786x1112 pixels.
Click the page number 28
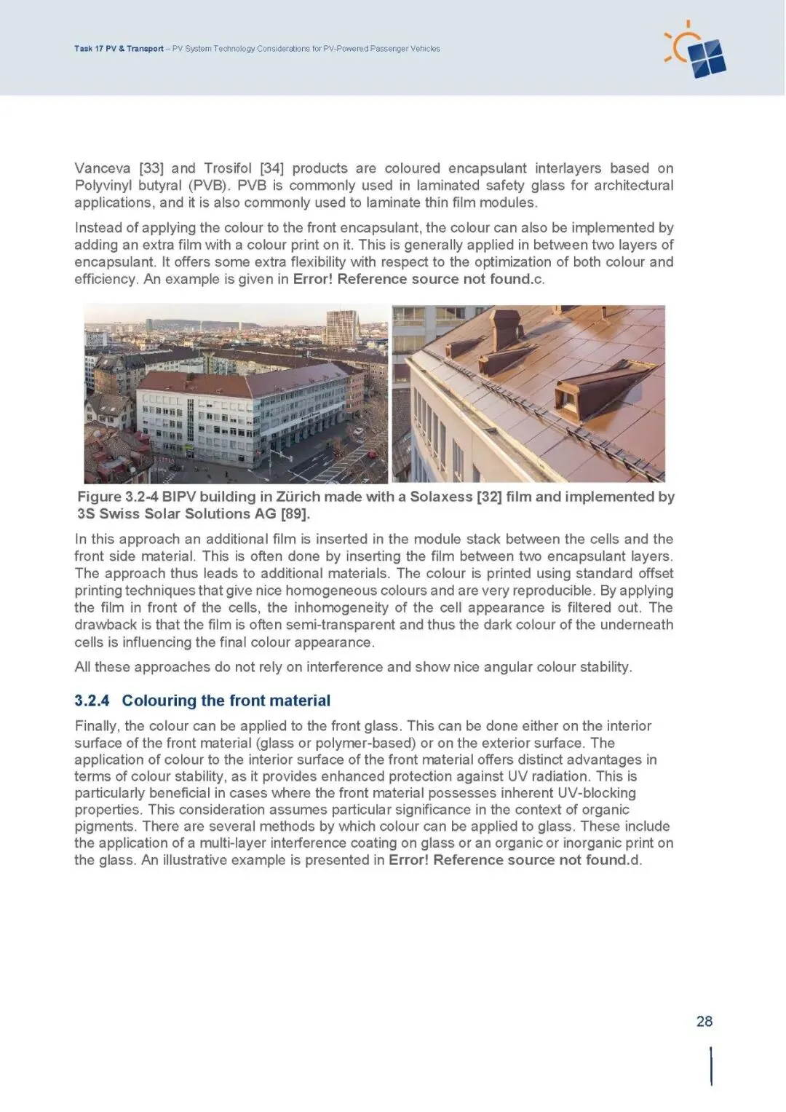tap(704, 1021)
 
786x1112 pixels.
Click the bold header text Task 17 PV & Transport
tap(119, 49)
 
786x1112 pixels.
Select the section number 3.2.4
tap(92, 701)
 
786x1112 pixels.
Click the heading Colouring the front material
tap(226, 701)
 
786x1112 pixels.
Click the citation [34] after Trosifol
tap(271, 168)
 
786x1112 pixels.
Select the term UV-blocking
tap(597, 793)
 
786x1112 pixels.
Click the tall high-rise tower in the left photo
tap(340, 327)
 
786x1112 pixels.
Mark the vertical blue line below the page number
tap(710, 1067)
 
